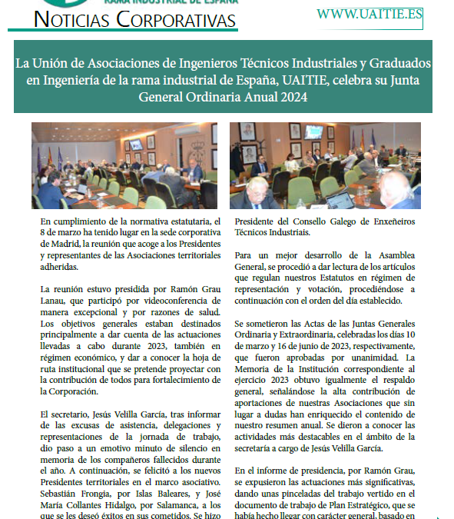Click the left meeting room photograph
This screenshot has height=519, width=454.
[x=124, y=165]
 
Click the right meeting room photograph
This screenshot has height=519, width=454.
[x=325, y=165]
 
